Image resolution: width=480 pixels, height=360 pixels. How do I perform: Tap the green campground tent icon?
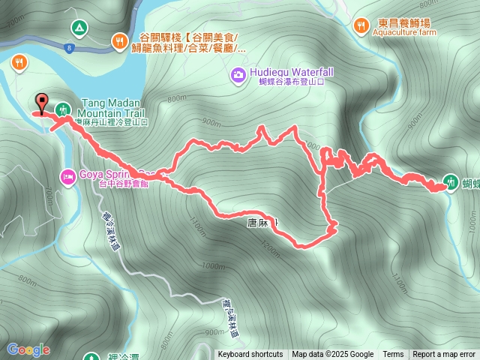(78, 28)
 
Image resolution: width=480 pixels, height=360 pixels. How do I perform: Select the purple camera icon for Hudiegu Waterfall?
(238, 73)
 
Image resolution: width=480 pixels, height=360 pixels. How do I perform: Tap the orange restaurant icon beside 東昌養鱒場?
(361, 25)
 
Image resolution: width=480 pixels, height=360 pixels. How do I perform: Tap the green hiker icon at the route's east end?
(450, 181)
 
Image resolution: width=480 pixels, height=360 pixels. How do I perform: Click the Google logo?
(28, 349)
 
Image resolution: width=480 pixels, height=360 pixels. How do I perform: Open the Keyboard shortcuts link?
(250, 355)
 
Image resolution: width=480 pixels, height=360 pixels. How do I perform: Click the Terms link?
(393, 355)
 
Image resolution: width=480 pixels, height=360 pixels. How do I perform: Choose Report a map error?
(444, 355)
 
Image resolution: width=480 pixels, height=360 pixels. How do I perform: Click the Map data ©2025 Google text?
(333, 355)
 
